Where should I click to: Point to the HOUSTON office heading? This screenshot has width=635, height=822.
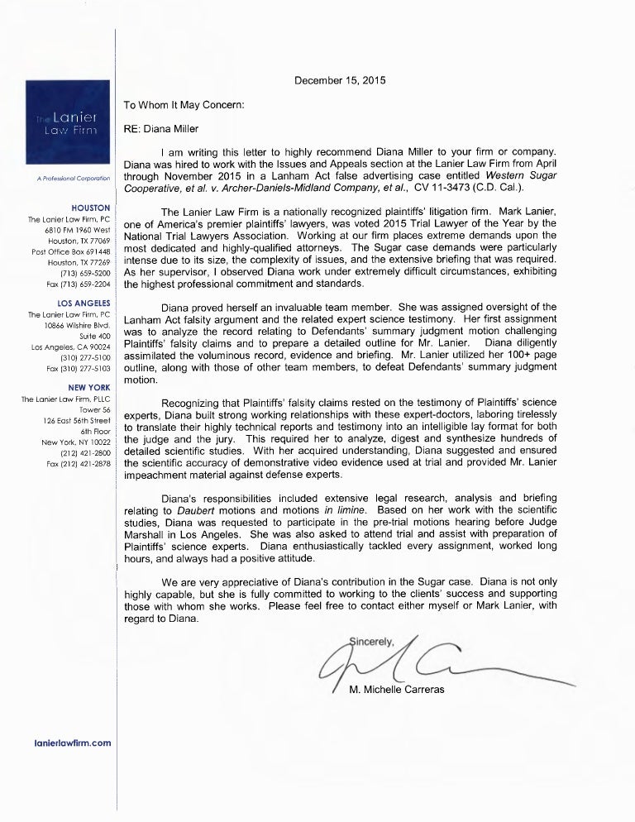click(93, 207)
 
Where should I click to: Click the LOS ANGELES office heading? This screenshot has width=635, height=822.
click(85, 303)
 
